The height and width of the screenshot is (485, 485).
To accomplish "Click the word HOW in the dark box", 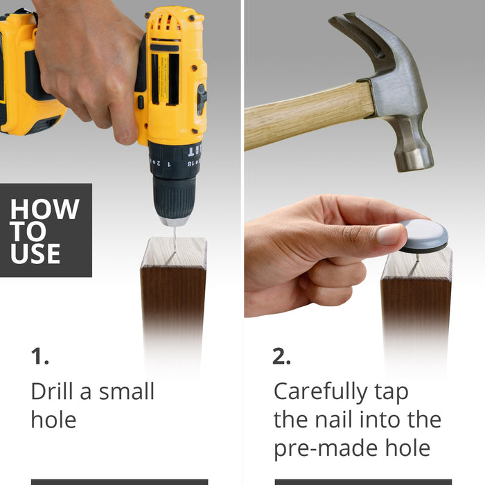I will (x=45, y=209).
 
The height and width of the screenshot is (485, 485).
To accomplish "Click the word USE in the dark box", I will (x=35, y=254).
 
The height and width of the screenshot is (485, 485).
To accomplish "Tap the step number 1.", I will (x=39, y=357).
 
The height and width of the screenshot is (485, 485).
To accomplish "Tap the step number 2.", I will (x=281, y=357).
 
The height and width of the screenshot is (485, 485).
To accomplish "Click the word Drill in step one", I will (x=51, y=391).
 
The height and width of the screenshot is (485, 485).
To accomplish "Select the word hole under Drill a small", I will (x=53, y=419).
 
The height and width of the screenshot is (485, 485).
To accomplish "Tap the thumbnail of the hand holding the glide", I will (x=389, y=235).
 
